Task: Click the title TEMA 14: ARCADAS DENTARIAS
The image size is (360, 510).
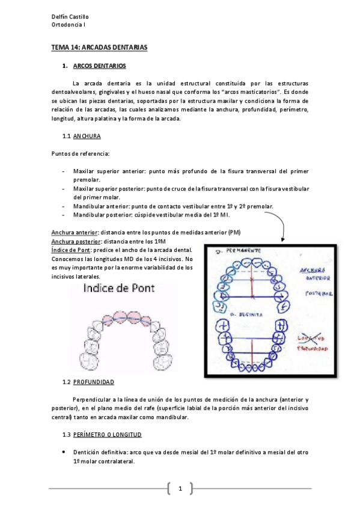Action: click(99, 47)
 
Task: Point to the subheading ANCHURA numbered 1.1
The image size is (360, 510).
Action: click(87, 137)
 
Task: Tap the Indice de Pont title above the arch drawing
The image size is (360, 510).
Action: click(119, 288)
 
